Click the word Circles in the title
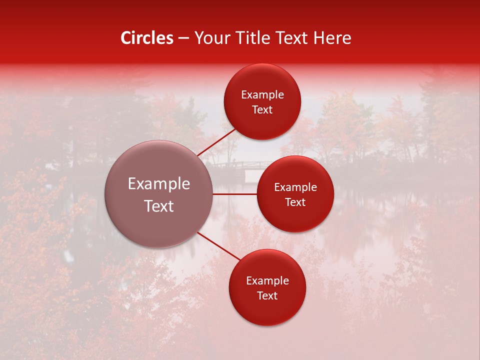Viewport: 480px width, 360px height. (x=146, y=38)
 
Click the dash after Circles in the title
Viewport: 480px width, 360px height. (x=183, y=38)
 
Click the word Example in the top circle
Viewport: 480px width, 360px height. (x=262, y=95)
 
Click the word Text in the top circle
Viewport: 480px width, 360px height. (x=262, y=110)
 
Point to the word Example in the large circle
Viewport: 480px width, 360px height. (x=158, y=184)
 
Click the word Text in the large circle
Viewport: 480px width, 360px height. (x=158, y=206)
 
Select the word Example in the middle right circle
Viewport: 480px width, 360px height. (x=295, y=187)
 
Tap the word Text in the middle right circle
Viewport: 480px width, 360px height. (x=295, y=202)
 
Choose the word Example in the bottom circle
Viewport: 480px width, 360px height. (x=267, y=281)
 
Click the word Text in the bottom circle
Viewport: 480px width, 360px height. (x=267, y=296)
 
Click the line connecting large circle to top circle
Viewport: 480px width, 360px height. (x=217, y=142)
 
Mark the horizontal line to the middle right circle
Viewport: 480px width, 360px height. (x=234, y=194)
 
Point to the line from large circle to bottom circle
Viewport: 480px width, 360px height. (x=219, y=246)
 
